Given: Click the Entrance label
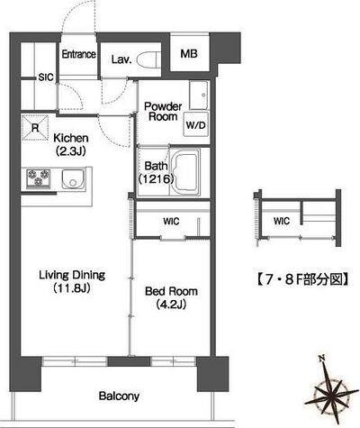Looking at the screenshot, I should pos(78,55).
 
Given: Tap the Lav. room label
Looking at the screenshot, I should pos(122,59).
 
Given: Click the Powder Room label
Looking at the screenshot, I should pos(163,111).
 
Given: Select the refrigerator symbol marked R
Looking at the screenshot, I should pos(35,128).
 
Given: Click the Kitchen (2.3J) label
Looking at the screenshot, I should pos(70,144).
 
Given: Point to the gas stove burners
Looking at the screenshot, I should pos(40,179).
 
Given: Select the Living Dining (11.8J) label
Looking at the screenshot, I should pos(71,281).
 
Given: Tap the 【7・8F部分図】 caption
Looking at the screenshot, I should pos(304,278).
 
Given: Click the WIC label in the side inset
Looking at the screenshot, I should pos(282,219).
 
